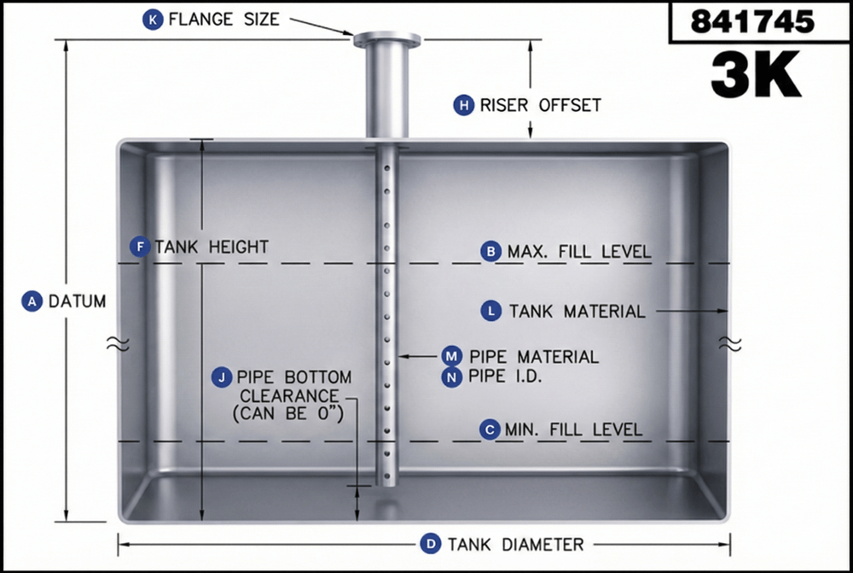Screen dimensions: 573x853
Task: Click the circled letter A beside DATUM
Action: click(x=32, y=301)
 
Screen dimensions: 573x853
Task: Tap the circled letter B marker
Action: click(x=490, y=251)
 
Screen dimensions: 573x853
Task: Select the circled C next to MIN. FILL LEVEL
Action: click(x=490, y=429)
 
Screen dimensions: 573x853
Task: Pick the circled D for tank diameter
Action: click(x=432, y=544)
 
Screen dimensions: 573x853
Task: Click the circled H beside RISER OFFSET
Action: click(x=463, y=105)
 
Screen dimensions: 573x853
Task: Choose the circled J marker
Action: click(x=222, y=377)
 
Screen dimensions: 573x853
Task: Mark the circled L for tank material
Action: click(x=491, y=311)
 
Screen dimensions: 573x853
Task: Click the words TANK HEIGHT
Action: click(x=212, y=248)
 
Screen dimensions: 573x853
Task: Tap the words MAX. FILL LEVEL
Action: click(x=579, y=252)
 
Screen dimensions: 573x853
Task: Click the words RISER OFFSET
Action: click(x=540, y=105)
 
